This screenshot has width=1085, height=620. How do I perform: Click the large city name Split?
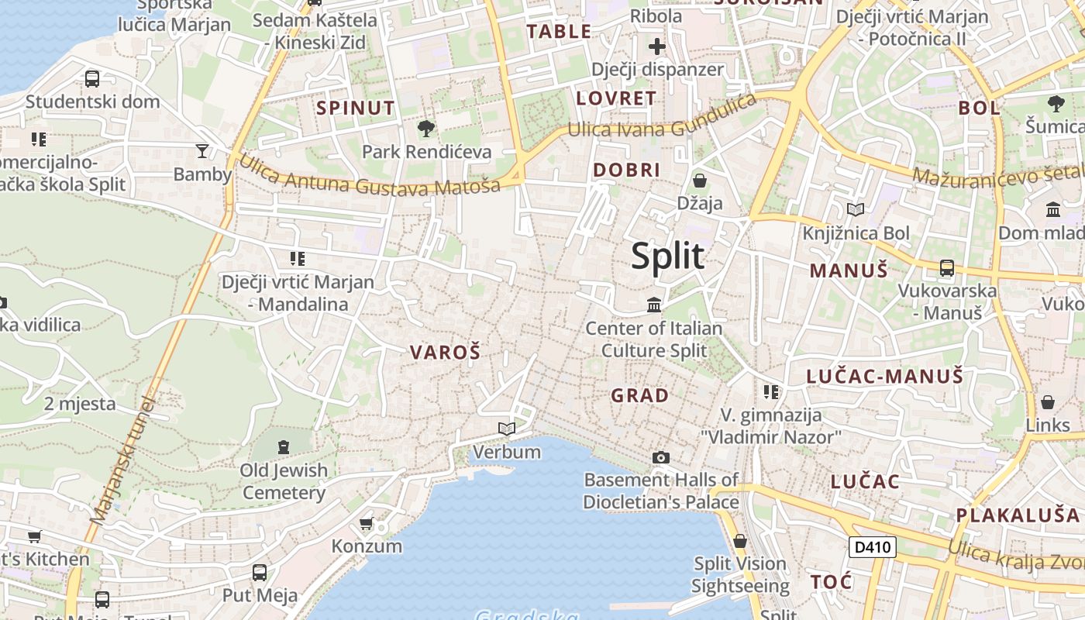(x=667, y=257)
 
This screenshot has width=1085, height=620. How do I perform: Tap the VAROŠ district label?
(x=445, y=353)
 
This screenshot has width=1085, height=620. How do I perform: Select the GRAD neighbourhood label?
(x=639, y=396)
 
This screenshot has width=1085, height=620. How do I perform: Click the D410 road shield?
(x=873, y=547)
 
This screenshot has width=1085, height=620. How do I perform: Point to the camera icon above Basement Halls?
(x=660, y=457)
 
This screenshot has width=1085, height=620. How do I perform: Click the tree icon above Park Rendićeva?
(x=425, y=129)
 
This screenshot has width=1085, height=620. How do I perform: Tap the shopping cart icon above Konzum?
(x=367, y=524)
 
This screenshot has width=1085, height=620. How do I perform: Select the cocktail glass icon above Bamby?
(x=202, y=150)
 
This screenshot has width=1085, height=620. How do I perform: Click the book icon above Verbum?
(x=506, y=429)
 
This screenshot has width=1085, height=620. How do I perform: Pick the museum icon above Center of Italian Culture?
(x=654, y=305)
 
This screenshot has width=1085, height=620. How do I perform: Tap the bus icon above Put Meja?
(x=260, y=573)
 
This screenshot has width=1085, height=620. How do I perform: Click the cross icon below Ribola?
(x=657, y=46)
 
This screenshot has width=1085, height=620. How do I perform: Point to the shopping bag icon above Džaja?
(x=700, y=181)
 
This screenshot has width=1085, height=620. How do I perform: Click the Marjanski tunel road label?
(x=122, y=463)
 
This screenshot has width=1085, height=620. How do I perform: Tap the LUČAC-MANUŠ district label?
(x=884, y=377)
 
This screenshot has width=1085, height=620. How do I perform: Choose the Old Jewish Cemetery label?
(x=284, y=481)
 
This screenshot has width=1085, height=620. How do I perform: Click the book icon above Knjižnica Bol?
(x=856, y=209)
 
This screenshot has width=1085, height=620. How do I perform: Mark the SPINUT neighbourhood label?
(x=356, y=108)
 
